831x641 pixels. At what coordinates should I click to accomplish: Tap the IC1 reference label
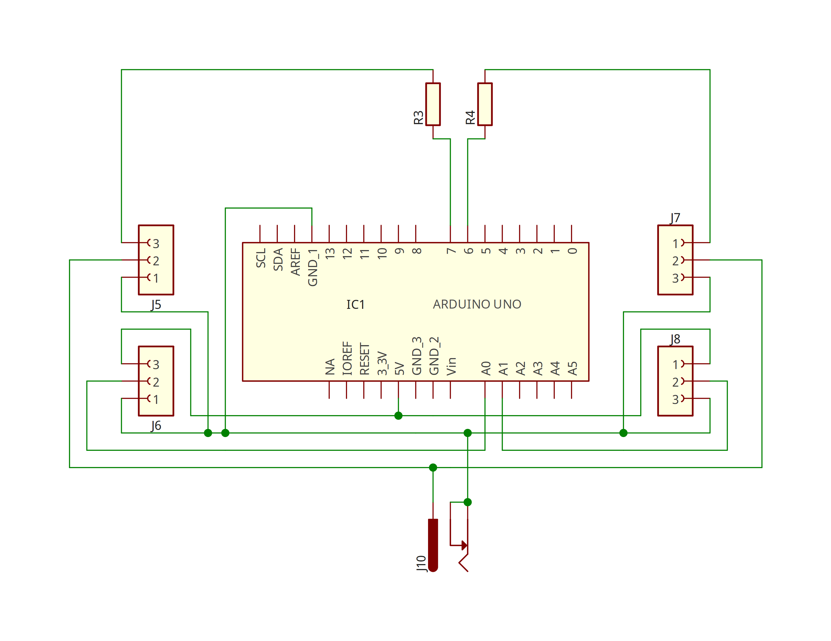point(355,305)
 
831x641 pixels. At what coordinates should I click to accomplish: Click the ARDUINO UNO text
point(477,304)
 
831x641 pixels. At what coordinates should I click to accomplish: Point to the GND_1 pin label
point(312,267)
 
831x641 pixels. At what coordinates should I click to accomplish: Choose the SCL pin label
point(261,258)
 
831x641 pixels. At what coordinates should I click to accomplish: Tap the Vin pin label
point(451,366)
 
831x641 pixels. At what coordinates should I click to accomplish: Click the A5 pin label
point(572,368)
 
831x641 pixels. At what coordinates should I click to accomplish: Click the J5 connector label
point(156,305)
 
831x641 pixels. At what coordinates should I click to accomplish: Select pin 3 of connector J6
point(156,364)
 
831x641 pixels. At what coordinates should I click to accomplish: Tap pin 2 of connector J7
point(675,260)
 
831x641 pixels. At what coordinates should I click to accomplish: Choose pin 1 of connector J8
point(675,364)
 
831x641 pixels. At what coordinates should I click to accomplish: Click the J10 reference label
point(421,564)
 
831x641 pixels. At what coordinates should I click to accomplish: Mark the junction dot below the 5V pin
point(398,415)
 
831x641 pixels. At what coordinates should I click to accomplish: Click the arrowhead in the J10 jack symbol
point(464,545)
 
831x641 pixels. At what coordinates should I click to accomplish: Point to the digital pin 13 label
point(330,254)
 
